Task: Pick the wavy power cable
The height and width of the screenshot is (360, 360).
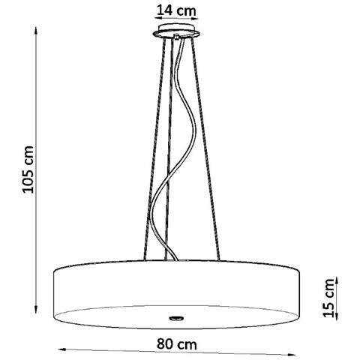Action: point(177,150)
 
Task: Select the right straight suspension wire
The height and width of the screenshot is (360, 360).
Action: point(211,150)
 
